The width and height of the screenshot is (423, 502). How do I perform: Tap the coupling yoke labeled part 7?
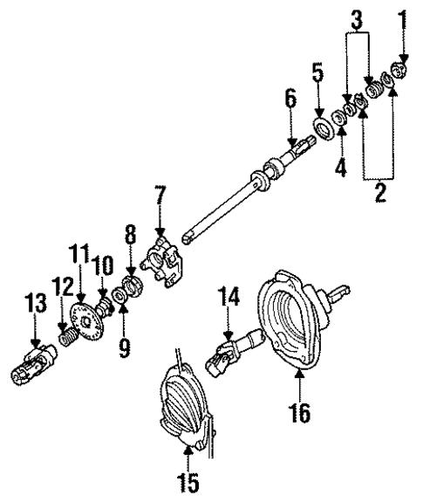164,262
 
